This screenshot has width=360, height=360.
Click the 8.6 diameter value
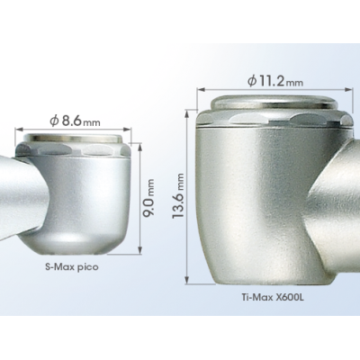72,121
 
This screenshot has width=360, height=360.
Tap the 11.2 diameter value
272,81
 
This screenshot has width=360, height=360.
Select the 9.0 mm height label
150,197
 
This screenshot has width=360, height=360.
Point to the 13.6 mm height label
178,195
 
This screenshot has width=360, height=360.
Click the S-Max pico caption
72,266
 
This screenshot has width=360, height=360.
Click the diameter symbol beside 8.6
54,121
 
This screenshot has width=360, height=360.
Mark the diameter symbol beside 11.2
251,81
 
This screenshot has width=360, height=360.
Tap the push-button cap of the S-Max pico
73,138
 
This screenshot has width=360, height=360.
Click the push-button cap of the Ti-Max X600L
274,103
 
